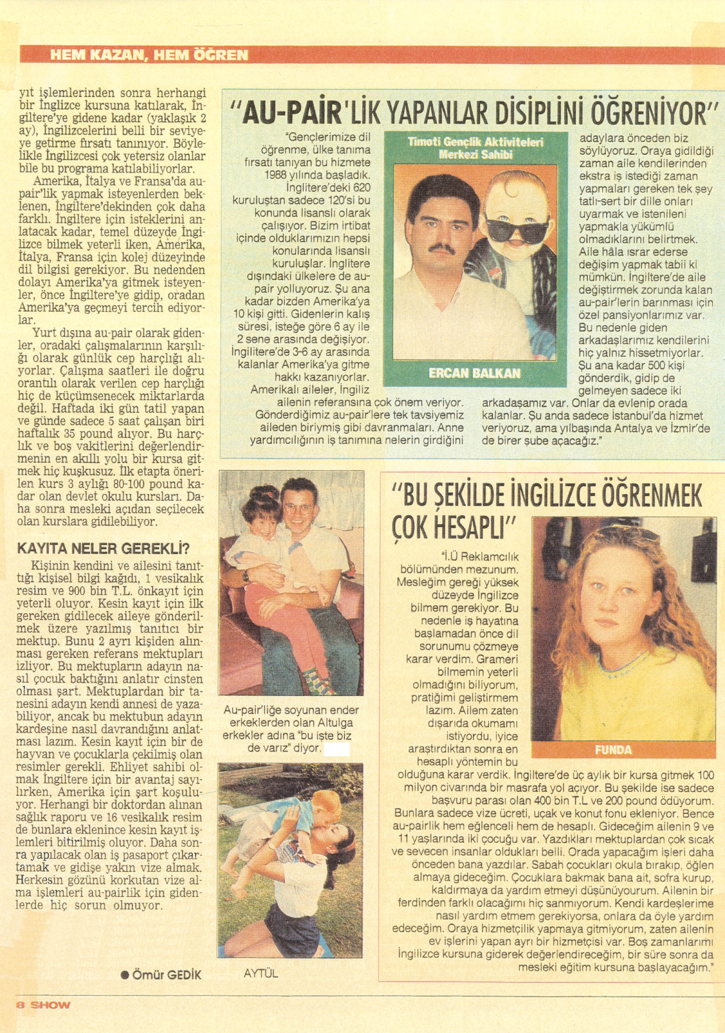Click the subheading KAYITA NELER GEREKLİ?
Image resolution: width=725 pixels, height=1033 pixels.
pyautogui.click(x=103, y=549)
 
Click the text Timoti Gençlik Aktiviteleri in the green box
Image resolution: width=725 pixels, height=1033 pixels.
pyautogui.click(x=475, y=142)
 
